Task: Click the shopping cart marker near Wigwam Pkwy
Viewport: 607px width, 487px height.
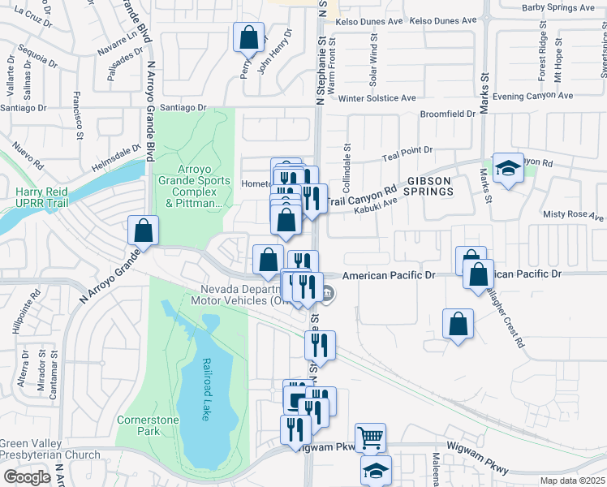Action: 371,437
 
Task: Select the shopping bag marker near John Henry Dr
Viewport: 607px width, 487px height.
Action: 248,37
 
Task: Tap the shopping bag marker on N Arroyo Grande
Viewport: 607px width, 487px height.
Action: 143,231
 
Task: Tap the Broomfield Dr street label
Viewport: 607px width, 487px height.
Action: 447,114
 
